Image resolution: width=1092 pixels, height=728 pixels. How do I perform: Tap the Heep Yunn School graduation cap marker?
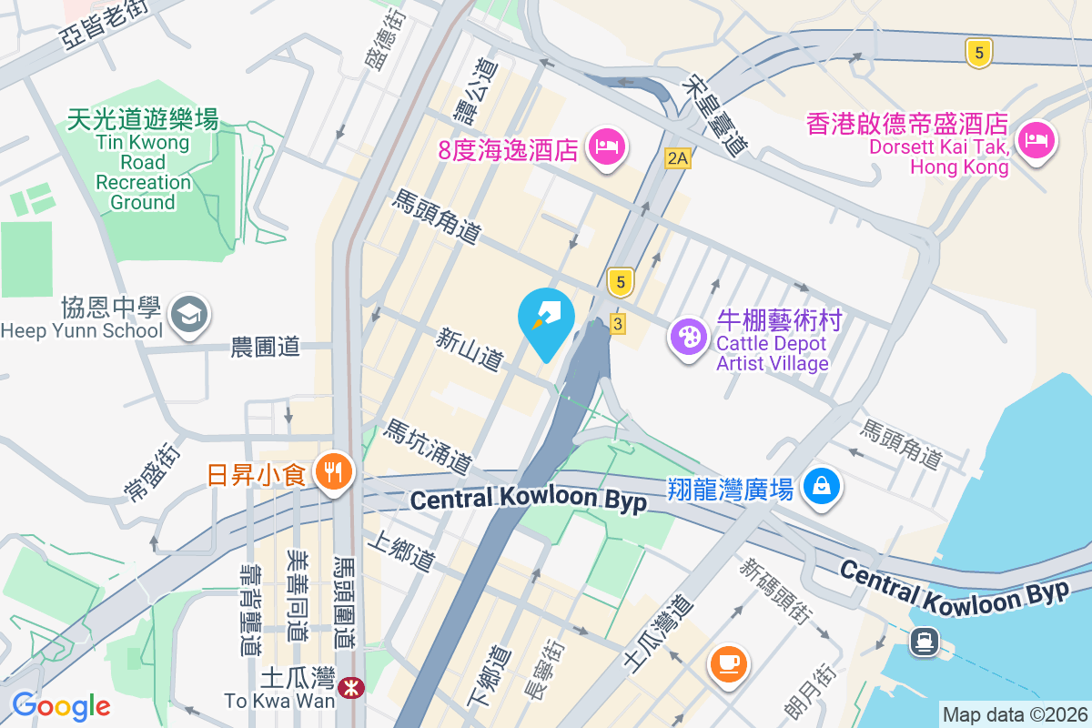192,315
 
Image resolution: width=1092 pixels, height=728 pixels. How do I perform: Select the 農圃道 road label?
265,346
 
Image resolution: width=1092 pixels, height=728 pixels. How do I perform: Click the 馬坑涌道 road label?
428,446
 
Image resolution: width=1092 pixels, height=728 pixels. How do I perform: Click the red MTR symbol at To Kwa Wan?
349,689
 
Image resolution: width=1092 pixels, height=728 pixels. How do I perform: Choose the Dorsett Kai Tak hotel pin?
1036,140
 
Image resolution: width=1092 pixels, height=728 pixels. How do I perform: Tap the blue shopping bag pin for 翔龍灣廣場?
822,486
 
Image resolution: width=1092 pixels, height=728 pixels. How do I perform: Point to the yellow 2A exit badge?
677,157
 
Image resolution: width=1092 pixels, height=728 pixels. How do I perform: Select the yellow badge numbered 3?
618,323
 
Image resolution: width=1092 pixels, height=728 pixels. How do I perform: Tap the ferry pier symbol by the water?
925,642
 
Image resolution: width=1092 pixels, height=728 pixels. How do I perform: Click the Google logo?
61,705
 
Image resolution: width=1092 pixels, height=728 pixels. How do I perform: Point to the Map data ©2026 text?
1014,714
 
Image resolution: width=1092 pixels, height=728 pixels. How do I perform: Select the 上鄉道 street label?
400,551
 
